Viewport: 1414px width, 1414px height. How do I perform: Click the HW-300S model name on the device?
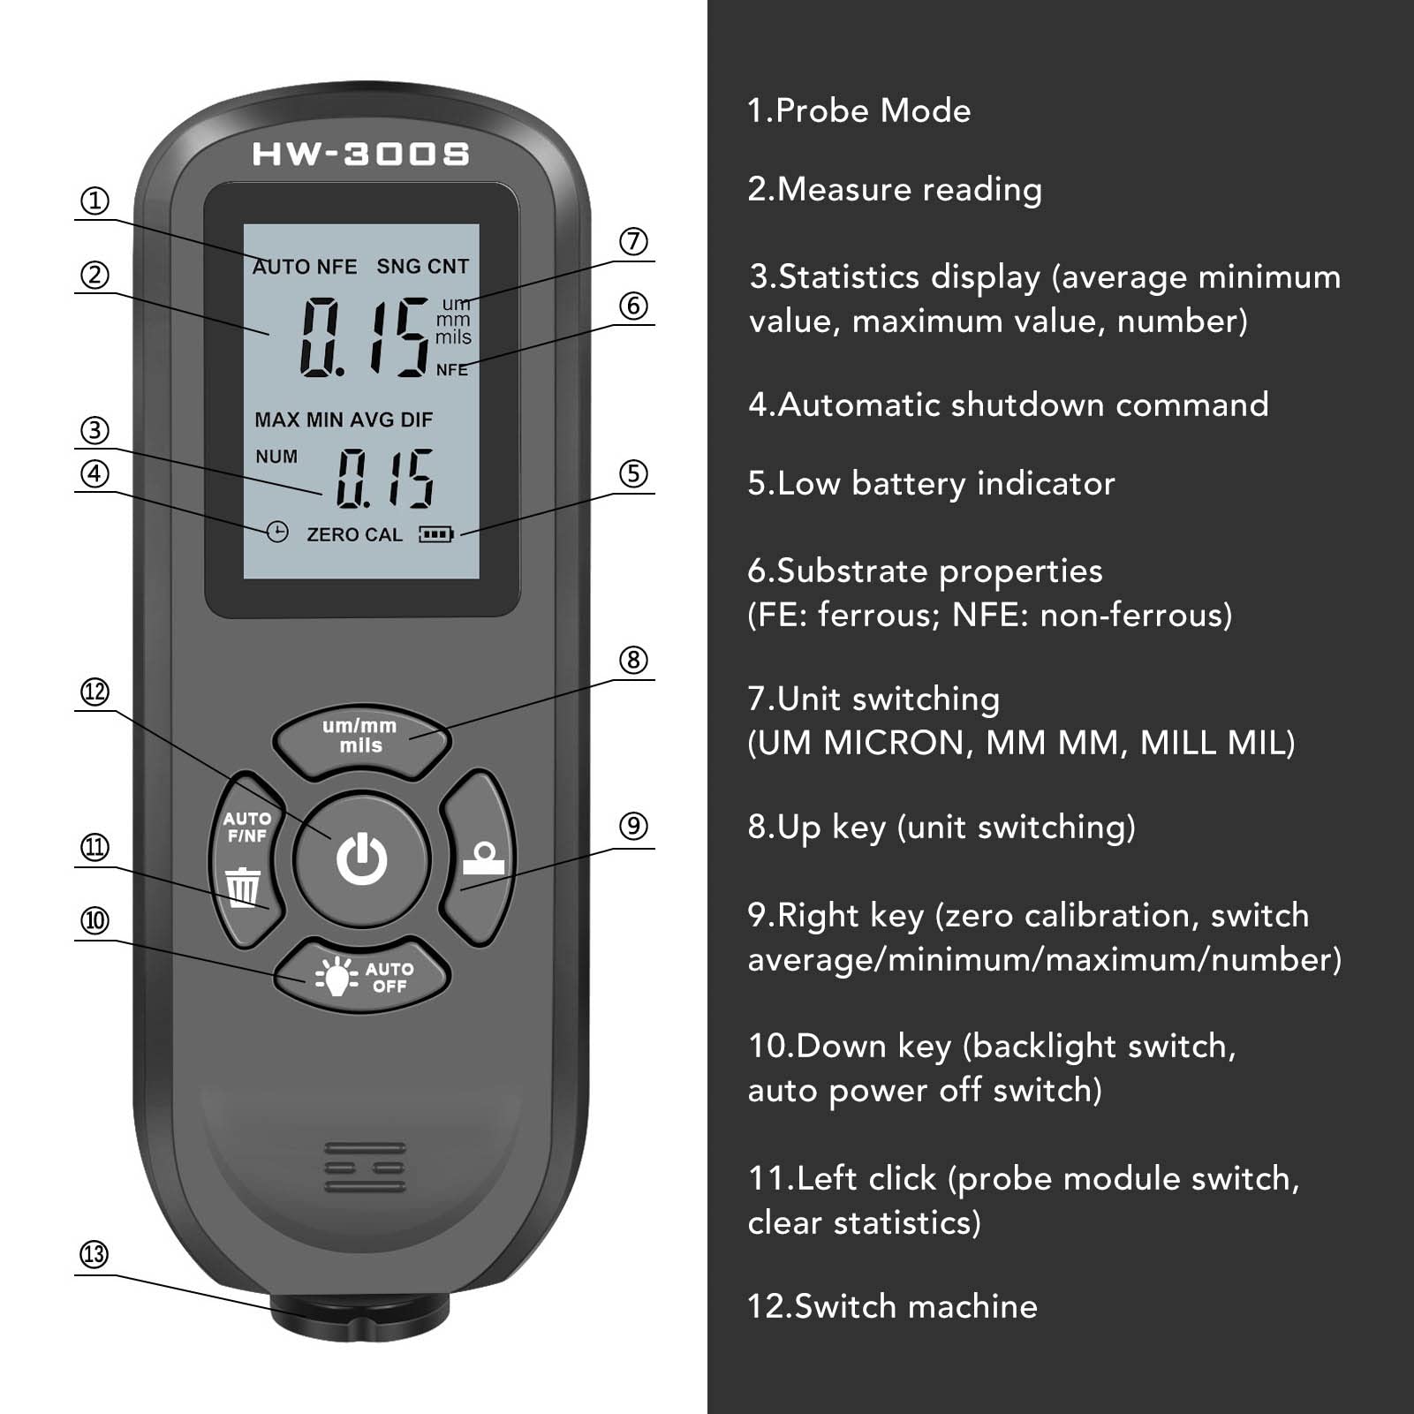point(360,155)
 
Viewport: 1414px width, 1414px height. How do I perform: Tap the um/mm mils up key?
point(360,736)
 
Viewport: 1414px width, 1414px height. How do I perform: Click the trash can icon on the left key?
point(243,887)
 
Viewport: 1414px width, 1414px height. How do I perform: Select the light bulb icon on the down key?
point(336,976)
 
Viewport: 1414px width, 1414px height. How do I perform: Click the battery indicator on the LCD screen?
point(436,534)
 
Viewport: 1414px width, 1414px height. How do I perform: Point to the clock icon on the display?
point(277,532)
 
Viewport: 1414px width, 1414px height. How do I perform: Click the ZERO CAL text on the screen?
point(354,534)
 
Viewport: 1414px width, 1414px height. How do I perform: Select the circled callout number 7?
point(633,241)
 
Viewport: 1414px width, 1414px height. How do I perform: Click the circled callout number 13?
point(95,1254)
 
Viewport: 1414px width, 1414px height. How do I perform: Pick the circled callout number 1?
point(95,200)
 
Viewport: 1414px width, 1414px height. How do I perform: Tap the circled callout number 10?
point(95,920)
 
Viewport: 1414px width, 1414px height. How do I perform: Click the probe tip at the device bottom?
point(360,1316)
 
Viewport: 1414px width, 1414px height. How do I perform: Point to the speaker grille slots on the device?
point(365,1167)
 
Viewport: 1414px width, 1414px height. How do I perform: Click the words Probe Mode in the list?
point(873,110)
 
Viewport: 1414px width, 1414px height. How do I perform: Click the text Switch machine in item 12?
point(916,1305)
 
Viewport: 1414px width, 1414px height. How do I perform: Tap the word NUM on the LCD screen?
point(276,457)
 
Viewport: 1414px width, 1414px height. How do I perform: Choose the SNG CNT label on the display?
point(423,266)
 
